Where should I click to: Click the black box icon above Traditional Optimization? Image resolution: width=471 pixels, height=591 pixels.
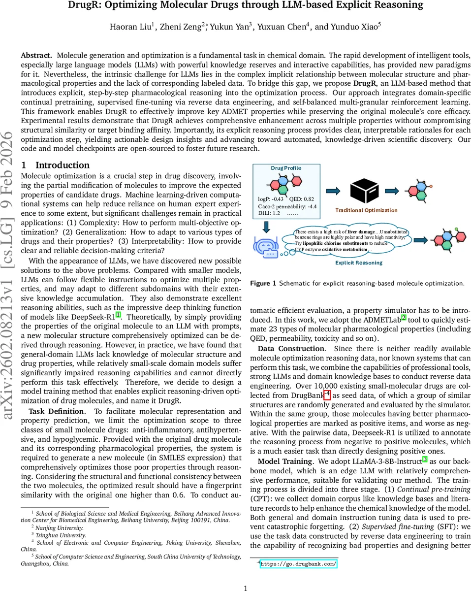click(365, 191)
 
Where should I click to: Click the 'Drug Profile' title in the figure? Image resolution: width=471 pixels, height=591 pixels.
click(286, 168)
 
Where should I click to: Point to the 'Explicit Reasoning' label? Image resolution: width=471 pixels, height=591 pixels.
click(358, 263)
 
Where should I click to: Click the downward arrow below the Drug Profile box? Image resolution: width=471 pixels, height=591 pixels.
click(266, 226)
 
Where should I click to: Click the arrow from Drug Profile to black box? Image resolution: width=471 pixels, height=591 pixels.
click(334, 191)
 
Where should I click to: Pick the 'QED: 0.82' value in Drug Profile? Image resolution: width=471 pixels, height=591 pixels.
click(302, 199)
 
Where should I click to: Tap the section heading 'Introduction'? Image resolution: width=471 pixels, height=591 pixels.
click(62, 165)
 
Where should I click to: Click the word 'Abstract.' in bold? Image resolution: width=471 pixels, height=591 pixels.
click(36, 56)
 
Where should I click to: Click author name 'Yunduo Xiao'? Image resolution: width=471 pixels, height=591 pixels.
click(352, 27)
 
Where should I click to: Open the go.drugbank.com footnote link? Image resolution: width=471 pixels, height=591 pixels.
click(298, 564)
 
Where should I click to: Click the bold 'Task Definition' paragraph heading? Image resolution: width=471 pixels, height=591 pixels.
click(56, 411)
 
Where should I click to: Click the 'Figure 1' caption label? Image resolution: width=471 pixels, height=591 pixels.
click(263, 283)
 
